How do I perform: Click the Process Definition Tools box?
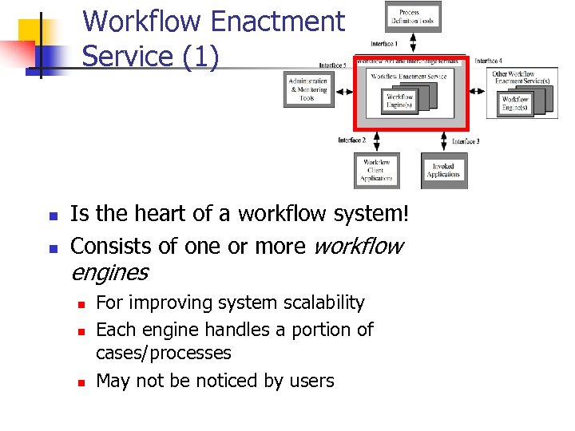click(x=414, y=17)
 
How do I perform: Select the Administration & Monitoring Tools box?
click(x=308, y=89)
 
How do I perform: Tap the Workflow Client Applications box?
click(x=376, y=171)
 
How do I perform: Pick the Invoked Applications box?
click(x=444, y=170)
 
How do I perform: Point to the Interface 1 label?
click(x=385, y=44)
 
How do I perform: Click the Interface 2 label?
click(x=352, y=140)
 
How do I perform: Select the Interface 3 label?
click(x=466, y=141)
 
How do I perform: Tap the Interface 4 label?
click(x=488, y=61)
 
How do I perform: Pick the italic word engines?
click(x=109, y=272)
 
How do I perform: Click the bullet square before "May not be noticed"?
click(x=81, y=382)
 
